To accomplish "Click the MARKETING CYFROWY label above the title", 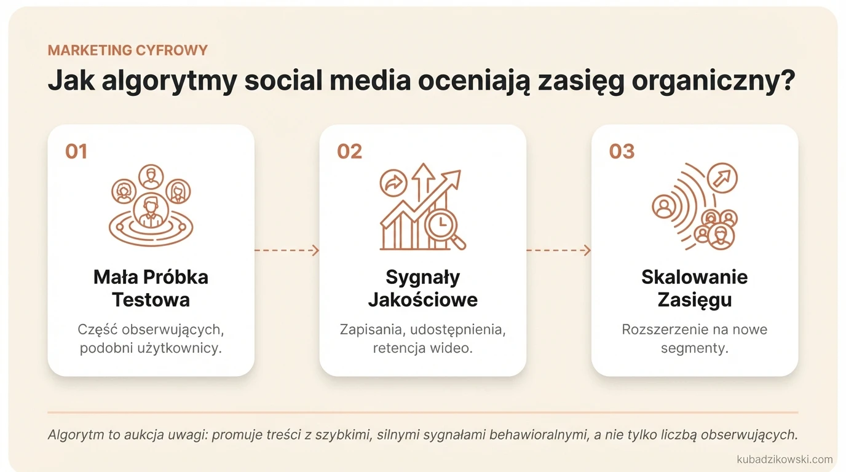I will pyautogui.click(x=127, y=50).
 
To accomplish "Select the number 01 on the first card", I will pyautogui.click(x=76, y=151).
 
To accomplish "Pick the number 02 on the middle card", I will pyautogui.click(x=349, y=151).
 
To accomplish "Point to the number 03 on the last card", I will pyautogui.click(x=621, y=151).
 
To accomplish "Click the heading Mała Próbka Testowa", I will pyautogui.click(x=151, y=288).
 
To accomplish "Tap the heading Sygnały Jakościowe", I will pyautogui.click(x=422, y=288).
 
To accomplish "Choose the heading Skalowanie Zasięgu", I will pyautogui.click(x=694, y=288).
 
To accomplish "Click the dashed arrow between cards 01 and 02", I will pyautogui.click(x=287, y=250).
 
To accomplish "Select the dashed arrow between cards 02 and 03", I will pyautogui.click(x=558, y=250).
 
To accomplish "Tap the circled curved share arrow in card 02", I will pyautogui.click(x=393, y=183).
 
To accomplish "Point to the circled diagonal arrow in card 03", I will pyautogui.click(x=722, y=178).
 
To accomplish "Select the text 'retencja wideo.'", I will pyautogui.click(x=422, y=348).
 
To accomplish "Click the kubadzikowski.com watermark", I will pyautogui.click(x=784, y=459).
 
